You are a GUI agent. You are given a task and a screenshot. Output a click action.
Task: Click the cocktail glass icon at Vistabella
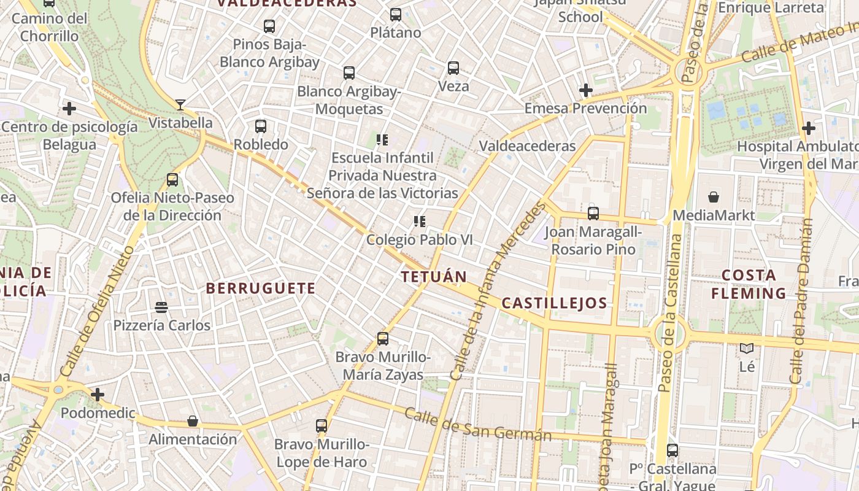[180, 104]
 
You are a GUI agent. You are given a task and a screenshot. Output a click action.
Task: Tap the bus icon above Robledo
[261, 126]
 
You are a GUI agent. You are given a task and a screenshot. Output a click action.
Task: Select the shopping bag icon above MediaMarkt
[714, 197]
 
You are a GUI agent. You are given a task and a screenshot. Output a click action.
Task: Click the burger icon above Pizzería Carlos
[161, 307]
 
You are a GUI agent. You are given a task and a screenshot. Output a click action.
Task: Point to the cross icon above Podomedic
[98, 394]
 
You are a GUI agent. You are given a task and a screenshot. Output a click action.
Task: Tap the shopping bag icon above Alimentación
[193, 421]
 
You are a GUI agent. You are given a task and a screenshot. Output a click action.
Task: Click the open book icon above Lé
[747, 349]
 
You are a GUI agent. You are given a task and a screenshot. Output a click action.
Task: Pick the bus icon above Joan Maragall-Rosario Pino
[593, 214]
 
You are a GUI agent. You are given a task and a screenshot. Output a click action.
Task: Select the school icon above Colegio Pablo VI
[420, 222]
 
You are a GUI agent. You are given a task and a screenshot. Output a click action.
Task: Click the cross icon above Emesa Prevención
[586, 90]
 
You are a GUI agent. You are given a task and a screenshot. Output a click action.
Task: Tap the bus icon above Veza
[453, 68]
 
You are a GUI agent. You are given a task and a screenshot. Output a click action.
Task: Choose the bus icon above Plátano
[396, 14]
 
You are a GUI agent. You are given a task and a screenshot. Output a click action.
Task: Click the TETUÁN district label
[434, 277]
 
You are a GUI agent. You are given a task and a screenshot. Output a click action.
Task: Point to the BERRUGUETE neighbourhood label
[261, 288]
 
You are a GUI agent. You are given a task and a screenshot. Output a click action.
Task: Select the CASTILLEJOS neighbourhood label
[554, 303]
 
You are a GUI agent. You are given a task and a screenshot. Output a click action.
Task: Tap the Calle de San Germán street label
[478, 425]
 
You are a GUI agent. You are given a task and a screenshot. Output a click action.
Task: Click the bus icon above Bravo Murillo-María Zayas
[383, 339]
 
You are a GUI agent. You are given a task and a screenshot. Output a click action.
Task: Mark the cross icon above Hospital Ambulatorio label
[809, 128]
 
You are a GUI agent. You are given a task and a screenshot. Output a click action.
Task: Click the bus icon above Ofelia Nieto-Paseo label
[172, 180]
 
